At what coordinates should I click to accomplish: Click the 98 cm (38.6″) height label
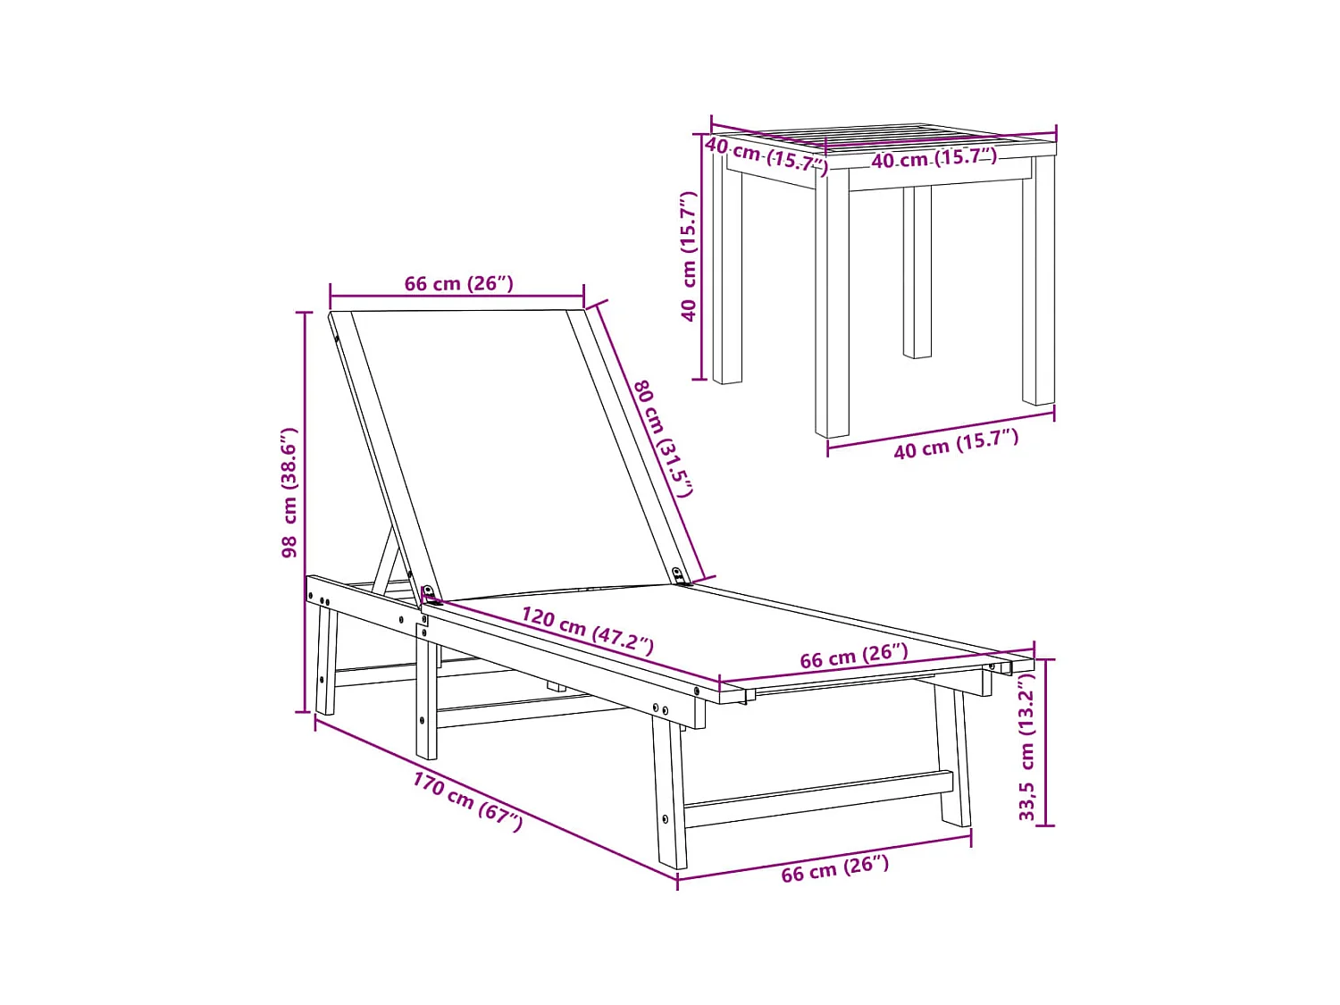pyautogui.click(x=289, y=493)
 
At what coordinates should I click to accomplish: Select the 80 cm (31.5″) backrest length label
pyautogui.click(x=663, y=438)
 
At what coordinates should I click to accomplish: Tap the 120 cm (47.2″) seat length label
pyautogui.click(x=587, y=630)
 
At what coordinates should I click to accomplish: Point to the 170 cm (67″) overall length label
pyautogui.click(x=467, y=801)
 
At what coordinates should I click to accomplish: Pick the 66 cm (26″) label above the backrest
pyautogui.click(x=458, y=284)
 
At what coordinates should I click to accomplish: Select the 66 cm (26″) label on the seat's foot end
pyautogui.click(x=853, y=657)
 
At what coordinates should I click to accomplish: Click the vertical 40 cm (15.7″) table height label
pyautogui.click(x=688, y=256)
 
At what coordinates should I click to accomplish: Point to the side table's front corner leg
pyautogui.click(x=832, y=304)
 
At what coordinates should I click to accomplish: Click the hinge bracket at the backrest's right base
pyautogui.click(x=682, y=577)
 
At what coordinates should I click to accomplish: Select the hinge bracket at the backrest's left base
pyautogui.click(x=429, y=594)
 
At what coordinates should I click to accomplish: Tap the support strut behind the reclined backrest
pyautogui.click(x=386, y=563)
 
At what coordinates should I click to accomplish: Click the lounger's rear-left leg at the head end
pyautogui.click(x=326, y=661)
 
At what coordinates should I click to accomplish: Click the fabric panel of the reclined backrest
pyautogui.click(x=509, y=447)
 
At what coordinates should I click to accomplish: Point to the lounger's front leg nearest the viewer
pyautogui.click(x=670, y=795)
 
